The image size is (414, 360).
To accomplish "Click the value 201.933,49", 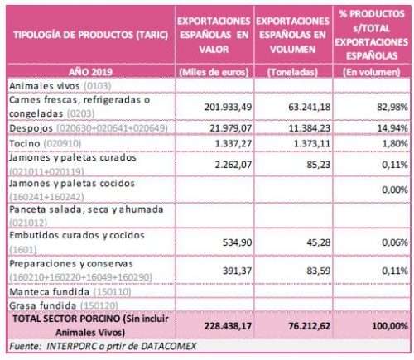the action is pyautogui.click(x=228, y=107).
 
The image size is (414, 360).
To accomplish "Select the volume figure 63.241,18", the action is pyautogui.click(x=309, y=107).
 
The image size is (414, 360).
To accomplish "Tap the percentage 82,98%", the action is pyautogui.click(x=392, y=107).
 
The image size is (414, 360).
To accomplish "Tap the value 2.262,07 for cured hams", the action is pyautogui.click(x=233, y=165).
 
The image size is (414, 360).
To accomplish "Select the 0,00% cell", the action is pyautogui.click(x=395, y=190).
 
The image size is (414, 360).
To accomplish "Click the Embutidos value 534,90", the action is pyautogui.click(x=237, y=242).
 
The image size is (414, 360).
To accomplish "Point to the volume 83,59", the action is pyautogui.click(x=318, y=271).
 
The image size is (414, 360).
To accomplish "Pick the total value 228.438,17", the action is pyautogui.click(x=228, y=326).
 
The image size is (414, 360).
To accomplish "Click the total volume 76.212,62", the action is pyautogui.click(x=309, y=326).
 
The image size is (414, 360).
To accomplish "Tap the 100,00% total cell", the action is pyautogui.click(x=390, y=326).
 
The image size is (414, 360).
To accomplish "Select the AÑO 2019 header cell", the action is pyautogui.click(x=90, y=72).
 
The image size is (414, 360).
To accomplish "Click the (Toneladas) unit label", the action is pyautogui.click(x=292, y=72).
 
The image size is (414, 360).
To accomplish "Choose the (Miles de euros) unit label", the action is pyautogui.click(x=214, y=72).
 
